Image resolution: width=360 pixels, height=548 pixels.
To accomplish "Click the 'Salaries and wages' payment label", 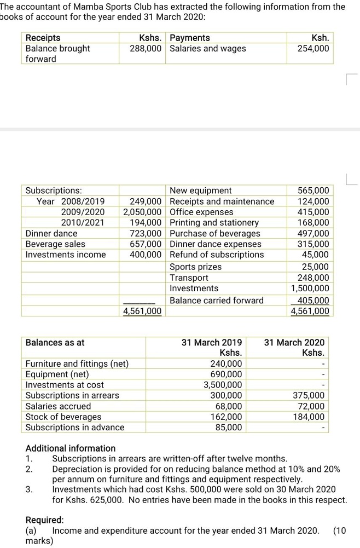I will [x=208, y=48].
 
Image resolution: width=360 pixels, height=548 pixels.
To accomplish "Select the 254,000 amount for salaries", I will [x=313, y=48].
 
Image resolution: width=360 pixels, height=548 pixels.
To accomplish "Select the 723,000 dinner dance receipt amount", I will [x=146, y=233].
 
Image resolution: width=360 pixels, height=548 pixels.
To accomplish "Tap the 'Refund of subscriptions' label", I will [x=217, y=255].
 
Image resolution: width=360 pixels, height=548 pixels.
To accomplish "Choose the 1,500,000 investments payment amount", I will [x=310, y=288].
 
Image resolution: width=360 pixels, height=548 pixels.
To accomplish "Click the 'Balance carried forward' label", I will [x=217, y=300].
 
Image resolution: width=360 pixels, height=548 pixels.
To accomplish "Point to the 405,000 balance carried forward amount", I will [x=313, y=300].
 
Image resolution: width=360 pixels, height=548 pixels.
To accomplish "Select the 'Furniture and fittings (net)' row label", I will [x=77, y=364].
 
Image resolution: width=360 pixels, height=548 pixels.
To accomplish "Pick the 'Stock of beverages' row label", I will [x=63, y=417].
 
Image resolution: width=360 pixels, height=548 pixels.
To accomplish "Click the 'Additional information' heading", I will [x=71, y=448].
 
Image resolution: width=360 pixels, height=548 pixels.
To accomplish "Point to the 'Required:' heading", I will [x=45, y=520].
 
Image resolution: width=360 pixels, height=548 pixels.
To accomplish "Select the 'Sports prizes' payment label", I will [x=196, y=267].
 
